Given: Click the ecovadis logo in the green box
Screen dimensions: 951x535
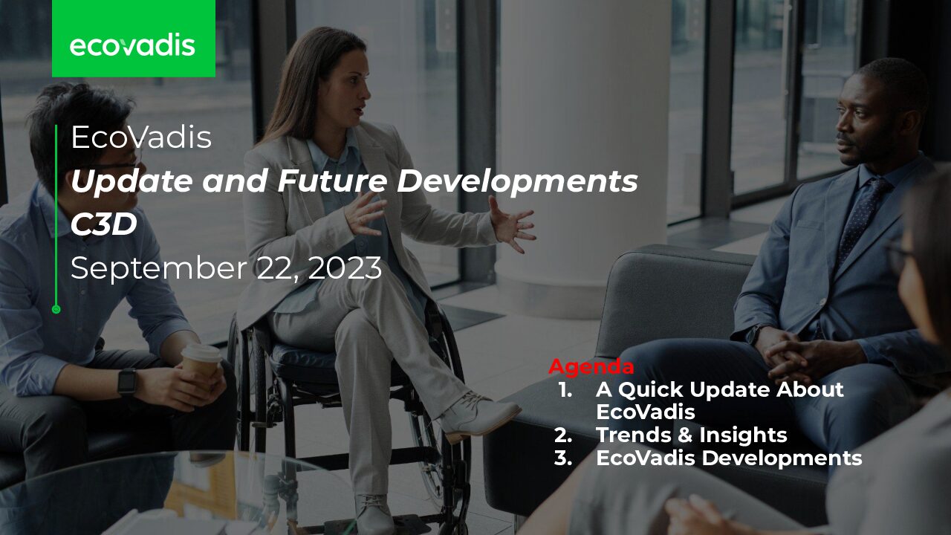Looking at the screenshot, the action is pos(132,45).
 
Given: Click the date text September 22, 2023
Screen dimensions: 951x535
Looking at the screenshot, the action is pos(227,268).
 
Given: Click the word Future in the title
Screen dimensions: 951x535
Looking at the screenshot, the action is pos(332,180).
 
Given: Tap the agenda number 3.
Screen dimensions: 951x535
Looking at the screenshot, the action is pos(563,458).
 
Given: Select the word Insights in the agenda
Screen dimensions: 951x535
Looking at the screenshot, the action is pos(743,435).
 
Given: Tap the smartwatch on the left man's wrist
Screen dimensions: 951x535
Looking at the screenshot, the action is pos(127,381).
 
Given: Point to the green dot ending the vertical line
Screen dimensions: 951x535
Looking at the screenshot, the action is pos(56,310).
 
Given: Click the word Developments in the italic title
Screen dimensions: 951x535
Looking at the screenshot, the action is pos(517,181).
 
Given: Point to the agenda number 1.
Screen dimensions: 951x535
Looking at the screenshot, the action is pos(565,390).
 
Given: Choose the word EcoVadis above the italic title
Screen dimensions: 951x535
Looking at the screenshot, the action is pos(141,137).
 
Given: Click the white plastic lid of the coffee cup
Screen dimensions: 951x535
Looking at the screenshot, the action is pos(201,352).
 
